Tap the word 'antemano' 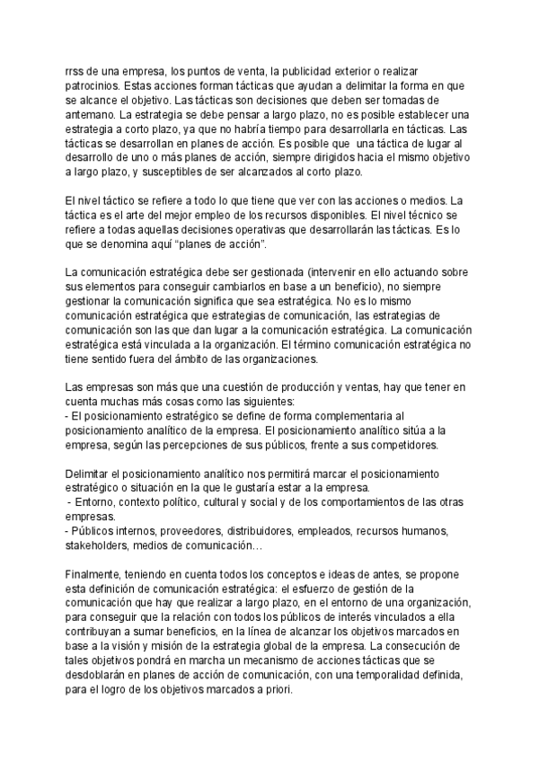click(x=93, y=115)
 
